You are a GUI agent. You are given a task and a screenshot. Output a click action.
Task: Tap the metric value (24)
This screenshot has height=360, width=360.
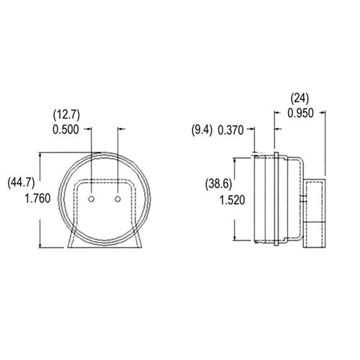click(302, 97)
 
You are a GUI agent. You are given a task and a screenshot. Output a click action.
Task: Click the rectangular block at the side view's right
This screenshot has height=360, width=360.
click(314, 213)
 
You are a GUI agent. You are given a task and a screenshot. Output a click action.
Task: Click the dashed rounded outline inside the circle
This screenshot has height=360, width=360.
click(105, 180)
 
